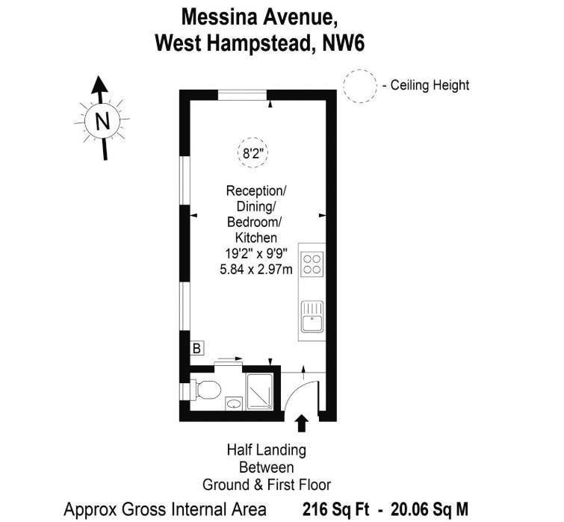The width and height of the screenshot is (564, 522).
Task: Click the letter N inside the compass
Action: point(102,121)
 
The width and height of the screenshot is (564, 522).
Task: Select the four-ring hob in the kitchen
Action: point(312,264)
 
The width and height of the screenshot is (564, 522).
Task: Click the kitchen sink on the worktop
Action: point(312,317)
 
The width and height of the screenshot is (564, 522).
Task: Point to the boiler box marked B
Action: point(196,348)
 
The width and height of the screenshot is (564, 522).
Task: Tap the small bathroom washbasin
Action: point(234,403)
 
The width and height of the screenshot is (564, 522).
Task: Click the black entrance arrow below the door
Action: point(302,423)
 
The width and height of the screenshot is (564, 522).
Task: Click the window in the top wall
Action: point(243,96)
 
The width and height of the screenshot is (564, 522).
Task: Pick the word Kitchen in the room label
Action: point(256,237)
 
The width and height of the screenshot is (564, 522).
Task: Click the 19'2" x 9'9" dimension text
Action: point(256,253)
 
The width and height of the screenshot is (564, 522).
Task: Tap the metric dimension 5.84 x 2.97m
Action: point(256,270)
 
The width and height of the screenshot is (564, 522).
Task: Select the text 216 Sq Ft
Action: point(336,509)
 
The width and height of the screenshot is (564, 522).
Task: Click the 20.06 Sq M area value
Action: point(430,509)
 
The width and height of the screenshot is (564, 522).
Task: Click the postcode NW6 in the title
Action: point(344,44)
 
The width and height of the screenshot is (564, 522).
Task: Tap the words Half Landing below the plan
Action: point(267,450)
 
